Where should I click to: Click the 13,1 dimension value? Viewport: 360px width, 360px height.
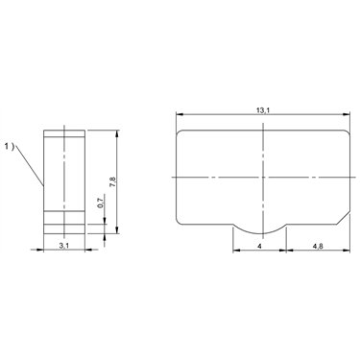click(x=263, y=110)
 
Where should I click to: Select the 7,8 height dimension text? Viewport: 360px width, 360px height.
click(x=112, y=182)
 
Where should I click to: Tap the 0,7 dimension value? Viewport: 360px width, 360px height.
click(x=100, y=204)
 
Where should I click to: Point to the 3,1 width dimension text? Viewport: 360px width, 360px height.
click(x=64, y=246)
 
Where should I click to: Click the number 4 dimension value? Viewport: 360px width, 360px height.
click(x=259, y=246)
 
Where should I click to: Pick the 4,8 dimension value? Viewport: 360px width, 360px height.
click(x=318, y=246)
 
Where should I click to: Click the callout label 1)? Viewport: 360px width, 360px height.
click(x=10, y=147)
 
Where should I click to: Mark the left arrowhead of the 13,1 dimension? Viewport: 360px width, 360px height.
click(x=180, y=114)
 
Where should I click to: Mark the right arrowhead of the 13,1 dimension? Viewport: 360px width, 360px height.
click(x=347, y=114)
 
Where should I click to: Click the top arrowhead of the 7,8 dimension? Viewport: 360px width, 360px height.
click(x=117, y=133)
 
